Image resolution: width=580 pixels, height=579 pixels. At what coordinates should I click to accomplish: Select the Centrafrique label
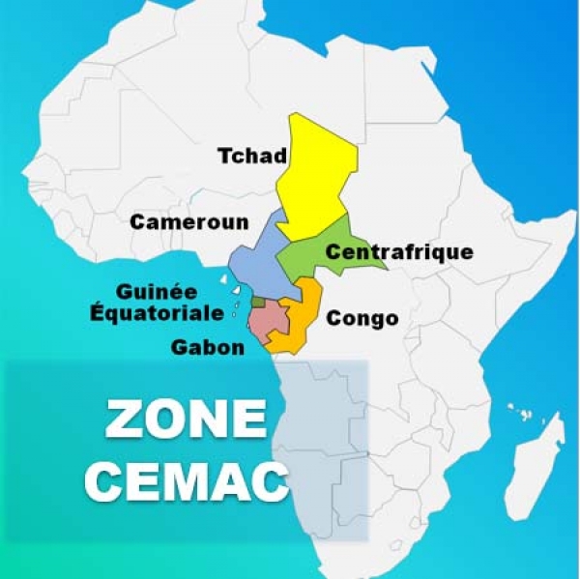[x=399, y=253]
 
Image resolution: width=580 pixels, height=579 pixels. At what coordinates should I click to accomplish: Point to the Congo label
[x=362, y=318]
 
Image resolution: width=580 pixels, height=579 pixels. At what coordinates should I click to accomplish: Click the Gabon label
[x=207, y=346]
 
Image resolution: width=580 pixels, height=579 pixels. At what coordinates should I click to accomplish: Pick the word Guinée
[x=156, y=291]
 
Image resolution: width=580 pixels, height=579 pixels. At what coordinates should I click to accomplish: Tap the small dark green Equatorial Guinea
[x=257, y=303]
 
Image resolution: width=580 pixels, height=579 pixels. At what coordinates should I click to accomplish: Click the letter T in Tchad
[x=223, y=157]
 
